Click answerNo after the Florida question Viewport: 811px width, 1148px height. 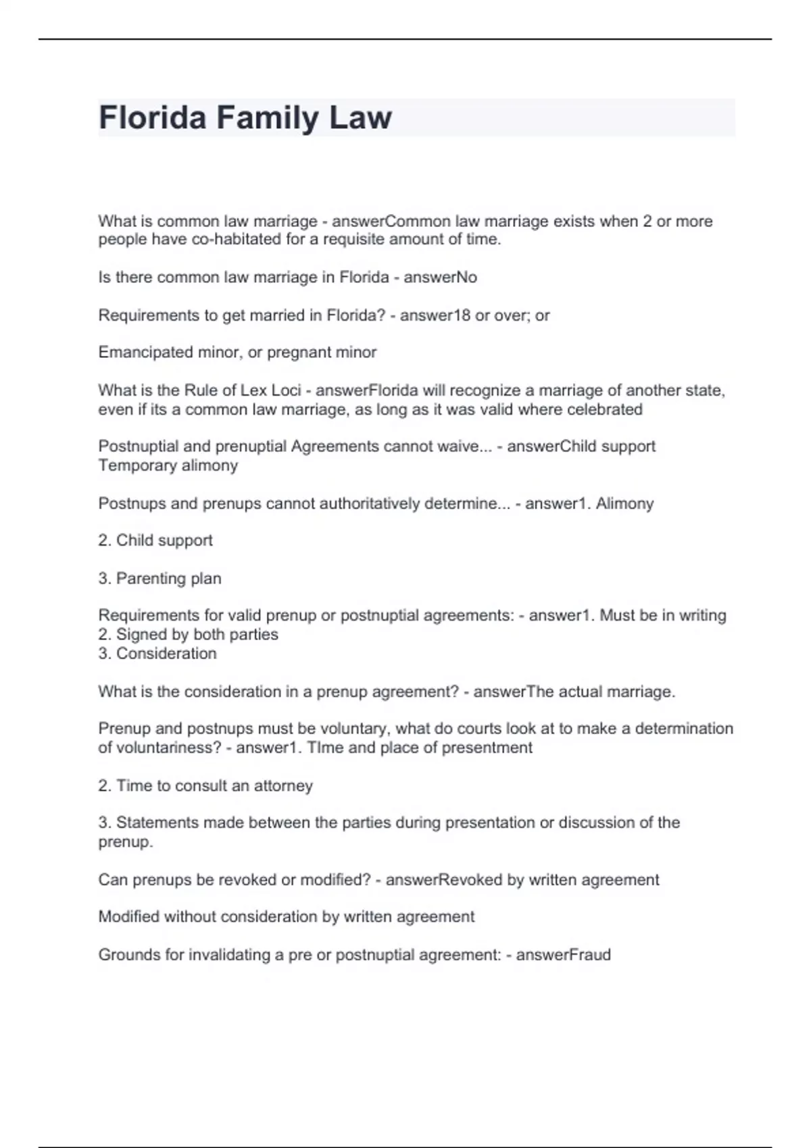pos(440,278)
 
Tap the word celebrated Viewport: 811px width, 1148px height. pos(604,409)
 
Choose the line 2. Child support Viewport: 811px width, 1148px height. pos(155,540)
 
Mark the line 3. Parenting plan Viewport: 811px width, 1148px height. pos(159,579)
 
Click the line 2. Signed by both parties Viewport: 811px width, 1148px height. pos(188,635)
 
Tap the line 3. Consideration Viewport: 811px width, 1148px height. pos(157,654)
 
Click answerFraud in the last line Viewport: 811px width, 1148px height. pos(563,955)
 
